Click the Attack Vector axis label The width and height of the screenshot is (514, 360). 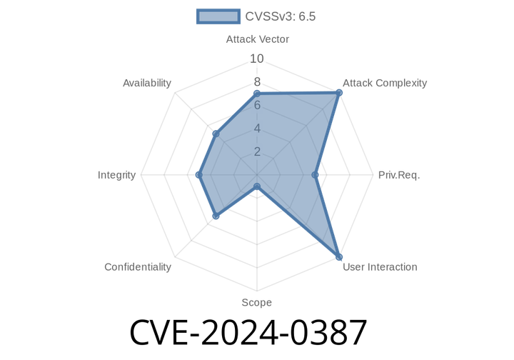(257, 39)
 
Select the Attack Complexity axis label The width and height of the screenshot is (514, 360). (385, 83)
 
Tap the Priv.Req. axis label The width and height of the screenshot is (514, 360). (398, 175)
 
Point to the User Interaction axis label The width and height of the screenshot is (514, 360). (380, 267)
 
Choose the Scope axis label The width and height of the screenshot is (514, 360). (256, 303)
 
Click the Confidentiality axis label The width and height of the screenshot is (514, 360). (138, 267)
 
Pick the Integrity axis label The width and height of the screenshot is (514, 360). (117, 175)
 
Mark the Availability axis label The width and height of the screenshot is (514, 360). (147, 83)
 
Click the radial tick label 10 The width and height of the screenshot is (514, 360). (257, 58)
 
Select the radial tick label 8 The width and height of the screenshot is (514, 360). (257, 81)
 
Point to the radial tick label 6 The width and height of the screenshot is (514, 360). (257, 105)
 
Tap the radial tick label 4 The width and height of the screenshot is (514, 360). (257, 129)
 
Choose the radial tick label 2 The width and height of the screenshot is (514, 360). (257, 151)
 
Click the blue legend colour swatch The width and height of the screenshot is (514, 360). (218, 16)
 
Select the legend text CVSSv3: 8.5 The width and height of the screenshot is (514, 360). (281, 16)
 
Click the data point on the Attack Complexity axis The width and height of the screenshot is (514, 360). (340, 92)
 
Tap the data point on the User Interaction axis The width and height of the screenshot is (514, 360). (340, 258)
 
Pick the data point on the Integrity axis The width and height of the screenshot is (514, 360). (197, 175)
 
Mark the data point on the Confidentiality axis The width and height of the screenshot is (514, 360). (214, 217)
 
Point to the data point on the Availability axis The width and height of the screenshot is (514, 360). (213, 134)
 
